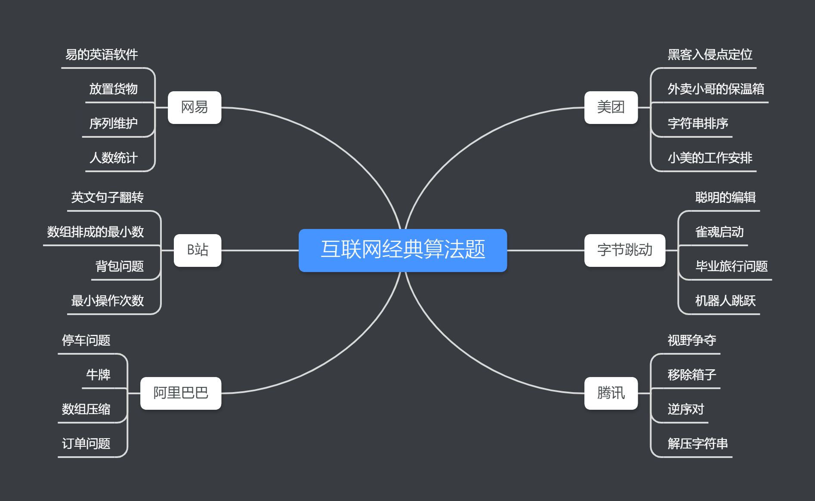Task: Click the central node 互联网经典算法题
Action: (x=403, y=250)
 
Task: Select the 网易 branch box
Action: (x=194, y=107)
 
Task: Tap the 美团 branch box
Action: (x=611, y=107)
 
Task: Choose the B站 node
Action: (x=198, y=250)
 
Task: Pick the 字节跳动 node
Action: (x=624, y=250)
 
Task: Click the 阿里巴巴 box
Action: (x=181, y=393)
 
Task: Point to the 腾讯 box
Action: (x=611, y=393)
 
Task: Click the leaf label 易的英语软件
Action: (x=102, y=55)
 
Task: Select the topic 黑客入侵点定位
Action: (x=710, y=55)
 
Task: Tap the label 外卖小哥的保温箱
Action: (x=716, y=89)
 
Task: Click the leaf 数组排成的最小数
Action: (x=96, y=232)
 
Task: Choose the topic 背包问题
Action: (x=120, y=266)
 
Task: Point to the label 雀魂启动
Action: (x=719, y=232)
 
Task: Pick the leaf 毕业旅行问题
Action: (x=732, y=266)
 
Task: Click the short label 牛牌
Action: (x=98, y=375)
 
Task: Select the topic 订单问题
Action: (x=86, y=444)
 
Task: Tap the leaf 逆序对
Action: (x=686, y=409)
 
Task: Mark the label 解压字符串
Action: (x=698, y=444)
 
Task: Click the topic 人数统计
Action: (x=114, y=158)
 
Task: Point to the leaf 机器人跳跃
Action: (x=725, y=301)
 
